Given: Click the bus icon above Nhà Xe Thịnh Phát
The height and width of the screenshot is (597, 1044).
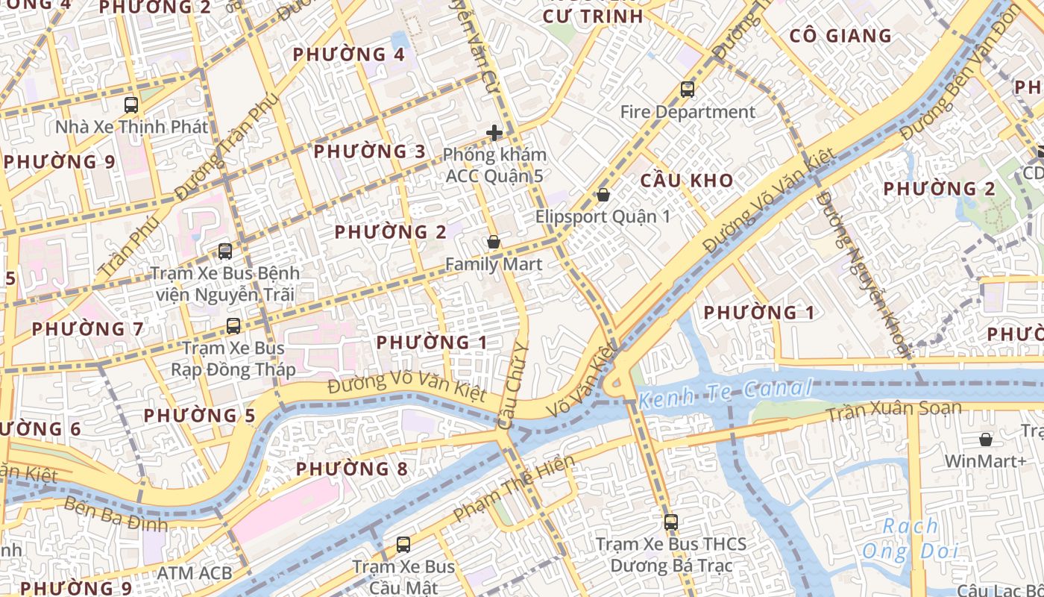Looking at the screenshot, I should coord(131,105).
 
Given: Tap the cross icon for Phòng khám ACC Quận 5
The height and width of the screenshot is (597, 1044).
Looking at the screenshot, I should coord(494,134).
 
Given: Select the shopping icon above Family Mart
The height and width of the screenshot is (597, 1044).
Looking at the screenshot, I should coord(493,243).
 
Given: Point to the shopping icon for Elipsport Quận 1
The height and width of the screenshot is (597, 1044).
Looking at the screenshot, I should coord(603,196).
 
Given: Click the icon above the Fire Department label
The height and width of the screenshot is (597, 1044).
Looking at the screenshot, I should coord(688,90).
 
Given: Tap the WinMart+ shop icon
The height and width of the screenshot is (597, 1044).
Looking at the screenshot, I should coord(986,440).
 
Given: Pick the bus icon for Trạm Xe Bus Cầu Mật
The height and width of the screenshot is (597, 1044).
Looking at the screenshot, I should coord(403,545).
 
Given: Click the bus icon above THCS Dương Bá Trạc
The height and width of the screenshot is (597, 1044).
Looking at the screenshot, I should coord(671,522).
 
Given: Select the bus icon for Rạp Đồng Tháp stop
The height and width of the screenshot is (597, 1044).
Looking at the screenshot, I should coord(233,326).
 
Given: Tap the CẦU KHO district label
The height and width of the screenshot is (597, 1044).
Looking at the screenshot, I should coord(686,181).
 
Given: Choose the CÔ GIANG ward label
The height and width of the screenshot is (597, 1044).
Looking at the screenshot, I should coord(840,36).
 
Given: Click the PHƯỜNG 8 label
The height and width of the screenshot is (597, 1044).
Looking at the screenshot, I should coord(352,469).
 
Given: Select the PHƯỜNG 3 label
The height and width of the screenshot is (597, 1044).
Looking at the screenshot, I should coord(369,151).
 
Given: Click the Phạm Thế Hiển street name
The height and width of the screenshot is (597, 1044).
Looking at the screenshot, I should coord(514,488).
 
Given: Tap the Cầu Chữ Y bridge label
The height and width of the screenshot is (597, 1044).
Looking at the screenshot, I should coord(512,386).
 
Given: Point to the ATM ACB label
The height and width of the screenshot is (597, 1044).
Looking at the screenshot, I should coord(195,573).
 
